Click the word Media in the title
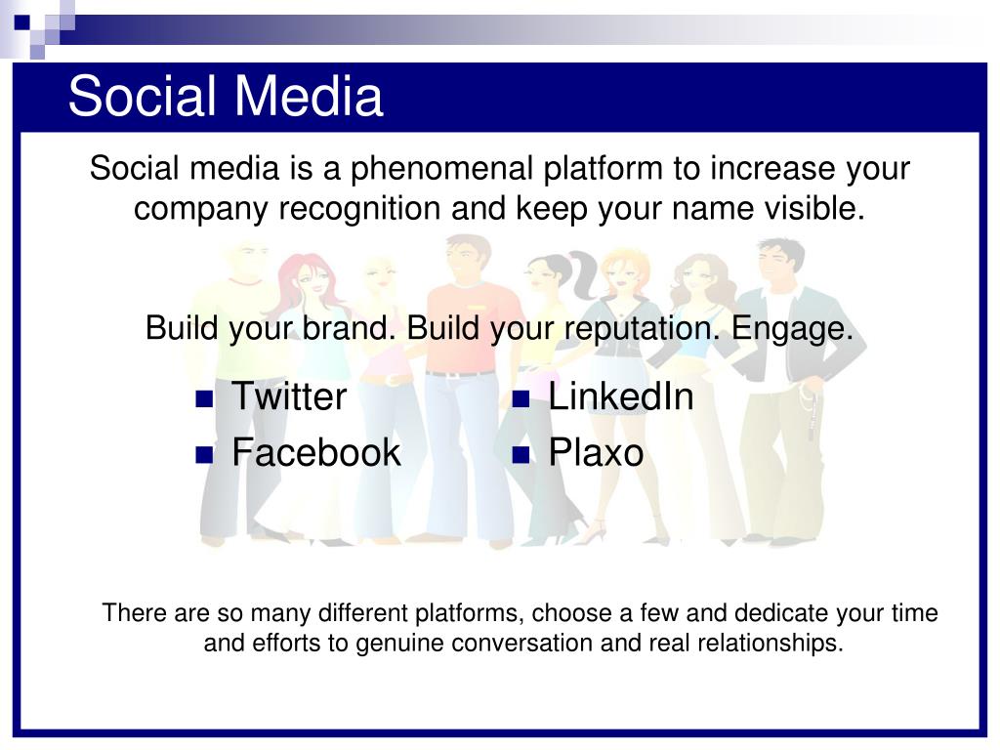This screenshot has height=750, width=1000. point(310,96)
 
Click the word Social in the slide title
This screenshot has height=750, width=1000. point(143,96)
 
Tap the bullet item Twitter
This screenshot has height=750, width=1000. point(289,396)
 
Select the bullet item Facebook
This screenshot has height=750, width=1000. point(316,452)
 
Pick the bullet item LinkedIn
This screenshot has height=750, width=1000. point(621,396)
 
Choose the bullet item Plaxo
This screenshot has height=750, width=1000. point(597,452)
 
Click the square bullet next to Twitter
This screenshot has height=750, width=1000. point(204,399)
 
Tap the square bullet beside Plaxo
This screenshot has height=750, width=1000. point(521,455)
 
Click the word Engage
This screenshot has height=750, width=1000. point(792,329)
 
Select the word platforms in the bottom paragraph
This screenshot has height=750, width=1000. point(470,613)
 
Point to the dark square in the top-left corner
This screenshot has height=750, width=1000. point(21,23)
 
